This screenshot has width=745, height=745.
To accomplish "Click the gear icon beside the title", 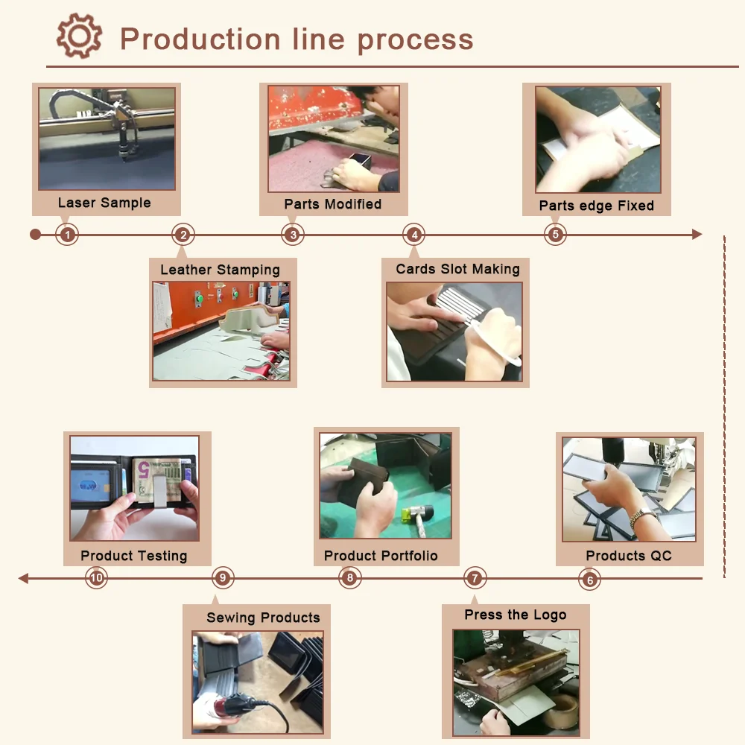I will tap(79, 37).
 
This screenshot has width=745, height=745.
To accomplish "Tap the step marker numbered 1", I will tap(67, 235).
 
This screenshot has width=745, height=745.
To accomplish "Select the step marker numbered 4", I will tap(413, 235).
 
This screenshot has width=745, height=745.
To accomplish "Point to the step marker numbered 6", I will tap(589, 579).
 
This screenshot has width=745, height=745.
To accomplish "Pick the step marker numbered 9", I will tap(222, 577).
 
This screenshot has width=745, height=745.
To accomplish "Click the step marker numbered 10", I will tap(96, 577).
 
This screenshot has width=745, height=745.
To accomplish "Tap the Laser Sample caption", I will tap(104, 203).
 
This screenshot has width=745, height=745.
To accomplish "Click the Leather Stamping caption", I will tap(220, 270).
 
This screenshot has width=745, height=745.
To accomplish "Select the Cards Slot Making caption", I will tap(457, 269).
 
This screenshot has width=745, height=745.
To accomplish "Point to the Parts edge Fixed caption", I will tap(596, 206).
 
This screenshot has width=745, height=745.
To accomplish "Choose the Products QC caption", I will tap(628, 556).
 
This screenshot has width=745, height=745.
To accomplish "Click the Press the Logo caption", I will tap(515, 615).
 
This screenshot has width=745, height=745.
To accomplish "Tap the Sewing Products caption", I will tap(263, 618).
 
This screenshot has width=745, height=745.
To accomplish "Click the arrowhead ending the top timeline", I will tap(697, 235).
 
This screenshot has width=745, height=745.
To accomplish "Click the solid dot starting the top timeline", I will tap(35, 235).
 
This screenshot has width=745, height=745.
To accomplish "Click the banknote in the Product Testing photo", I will tap(158, 477).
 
